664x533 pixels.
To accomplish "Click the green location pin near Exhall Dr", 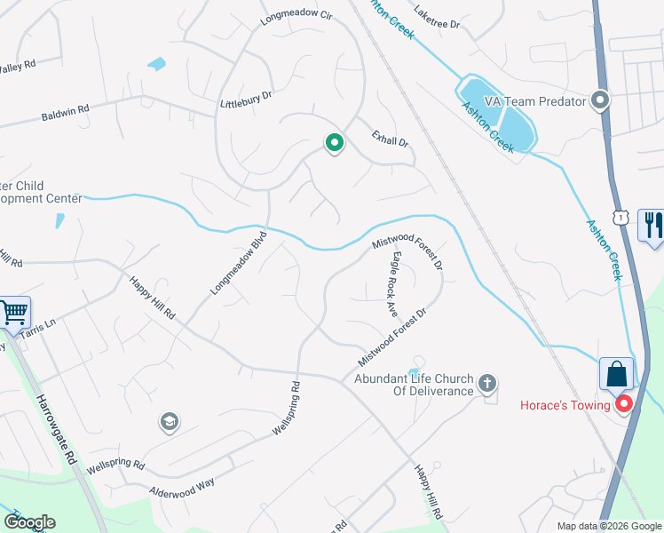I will click(x=334, y=142).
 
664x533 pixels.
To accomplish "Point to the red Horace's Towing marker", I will click(x=624, y=404).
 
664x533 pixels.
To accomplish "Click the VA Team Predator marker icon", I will click(x=602, y=100).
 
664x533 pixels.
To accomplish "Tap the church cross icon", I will click(x=486, y=384).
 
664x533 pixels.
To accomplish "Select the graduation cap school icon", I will click(x=169, y=421).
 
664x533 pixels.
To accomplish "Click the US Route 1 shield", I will click(x=621, y=215).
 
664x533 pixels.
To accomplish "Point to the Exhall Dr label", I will click(x=390, y=140).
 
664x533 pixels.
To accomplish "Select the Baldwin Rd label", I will click(x=65, y=115).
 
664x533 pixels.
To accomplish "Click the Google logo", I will click(x=29, y=522).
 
